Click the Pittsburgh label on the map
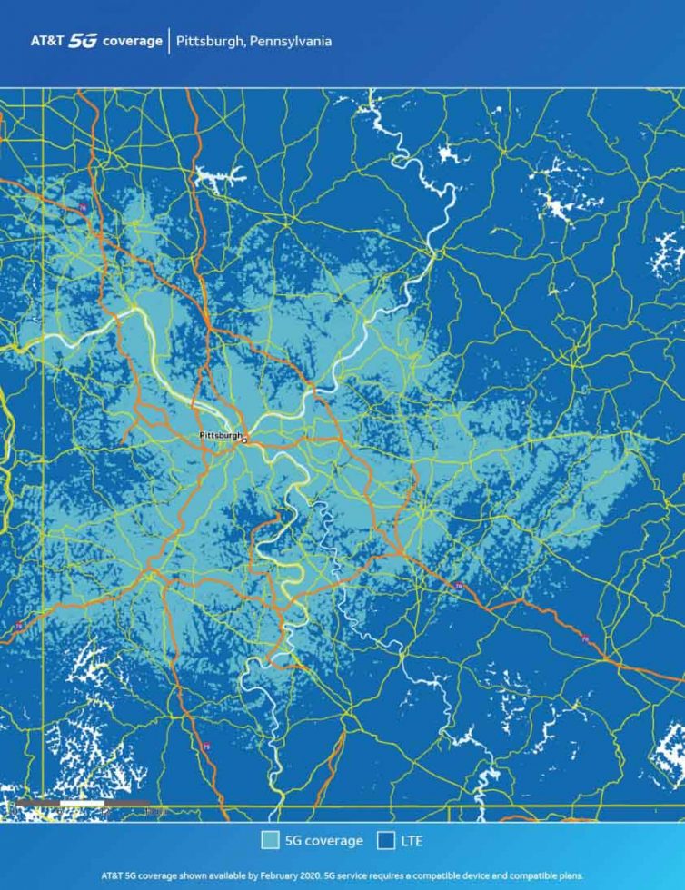tap(220, 436)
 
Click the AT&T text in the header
tap(46, 42)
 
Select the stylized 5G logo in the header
tap(83, 42)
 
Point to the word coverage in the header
tap(133, 42)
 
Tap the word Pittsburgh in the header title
tap(207, 42)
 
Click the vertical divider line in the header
tap(169, 42)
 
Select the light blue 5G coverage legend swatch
tap(270, 841)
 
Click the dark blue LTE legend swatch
tap(386, 841)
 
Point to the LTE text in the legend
tap(412, 842)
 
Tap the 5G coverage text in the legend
tap(323, 842)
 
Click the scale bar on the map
tap(82, 804)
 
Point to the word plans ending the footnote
tap(569, 876)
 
